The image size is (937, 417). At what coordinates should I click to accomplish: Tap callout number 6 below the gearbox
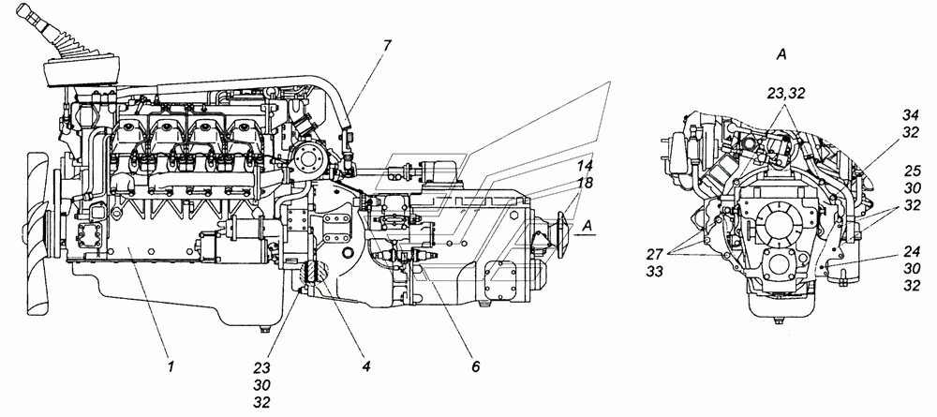pyautogui.click(x=475, y=367)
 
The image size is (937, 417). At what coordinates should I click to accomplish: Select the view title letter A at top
pyautogui.click(x=781, y=55)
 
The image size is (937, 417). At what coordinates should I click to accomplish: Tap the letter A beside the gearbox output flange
pyautogui.click(x=586, y=226)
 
